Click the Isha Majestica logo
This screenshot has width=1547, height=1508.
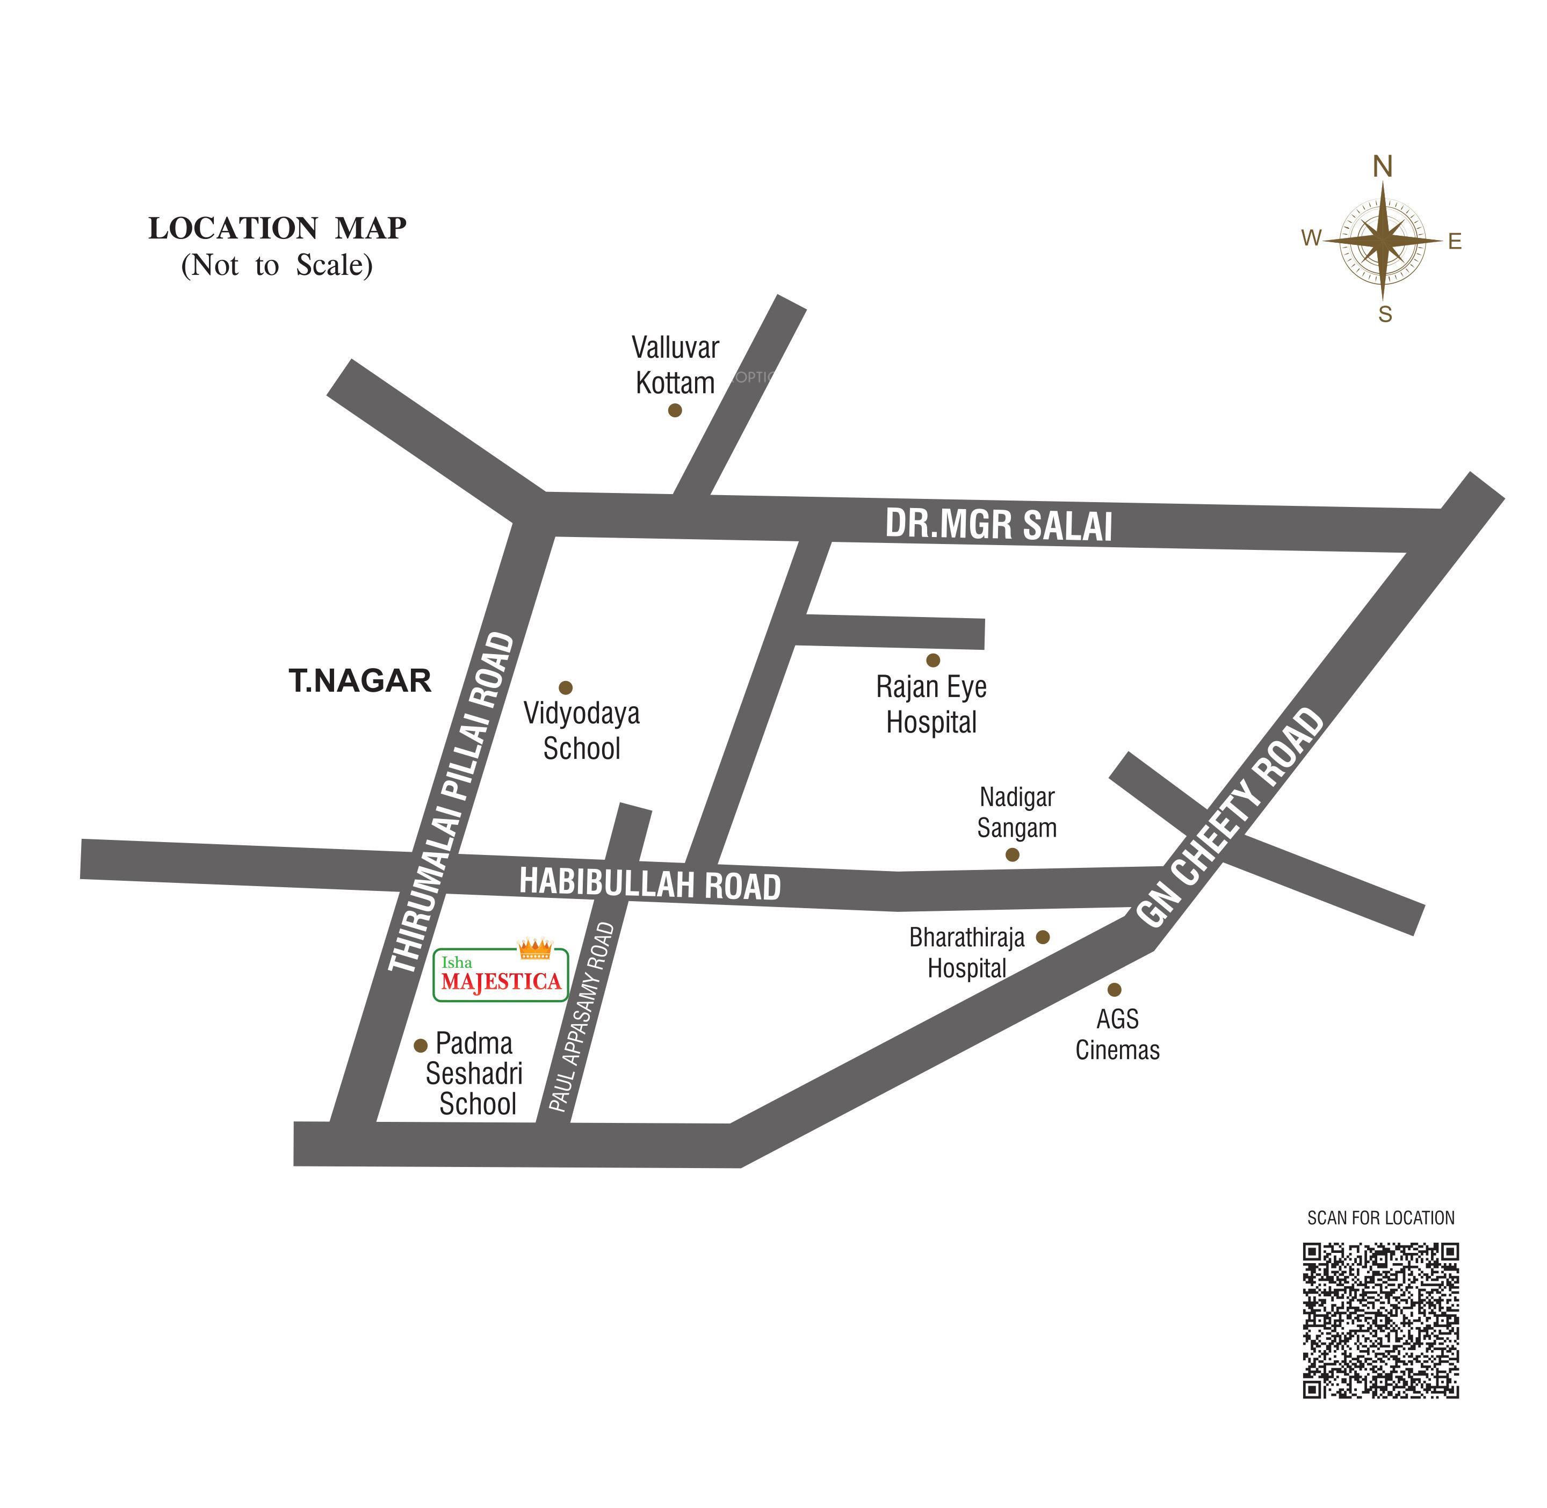coord(501,974)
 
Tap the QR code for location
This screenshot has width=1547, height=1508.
coord(1380,1320)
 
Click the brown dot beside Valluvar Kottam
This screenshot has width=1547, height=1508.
coord(675,410)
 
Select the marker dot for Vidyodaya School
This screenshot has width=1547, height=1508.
coord(566,687)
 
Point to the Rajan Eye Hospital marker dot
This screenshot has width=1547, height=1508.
coord(933,659)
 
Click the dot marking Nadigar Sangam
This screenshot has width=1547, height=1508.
coord(1013,854)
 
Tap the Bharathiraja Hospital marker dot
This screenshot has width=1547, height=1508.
coord(1043,937)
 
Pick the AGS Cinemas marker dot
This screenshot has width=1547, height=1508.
coord(1115,989)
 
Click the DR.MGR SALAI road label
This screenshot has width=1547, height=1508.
coord(998,525)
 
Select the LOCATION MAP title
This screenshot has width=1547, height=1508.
coord(277,228)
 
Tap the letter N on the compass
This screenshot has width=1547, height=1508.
coord(1382,167)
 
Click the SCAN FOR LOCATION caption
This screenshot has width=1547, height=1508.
coord(1380,1217)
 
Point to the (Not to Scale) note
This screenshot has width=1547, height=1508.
coord(277,265)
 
